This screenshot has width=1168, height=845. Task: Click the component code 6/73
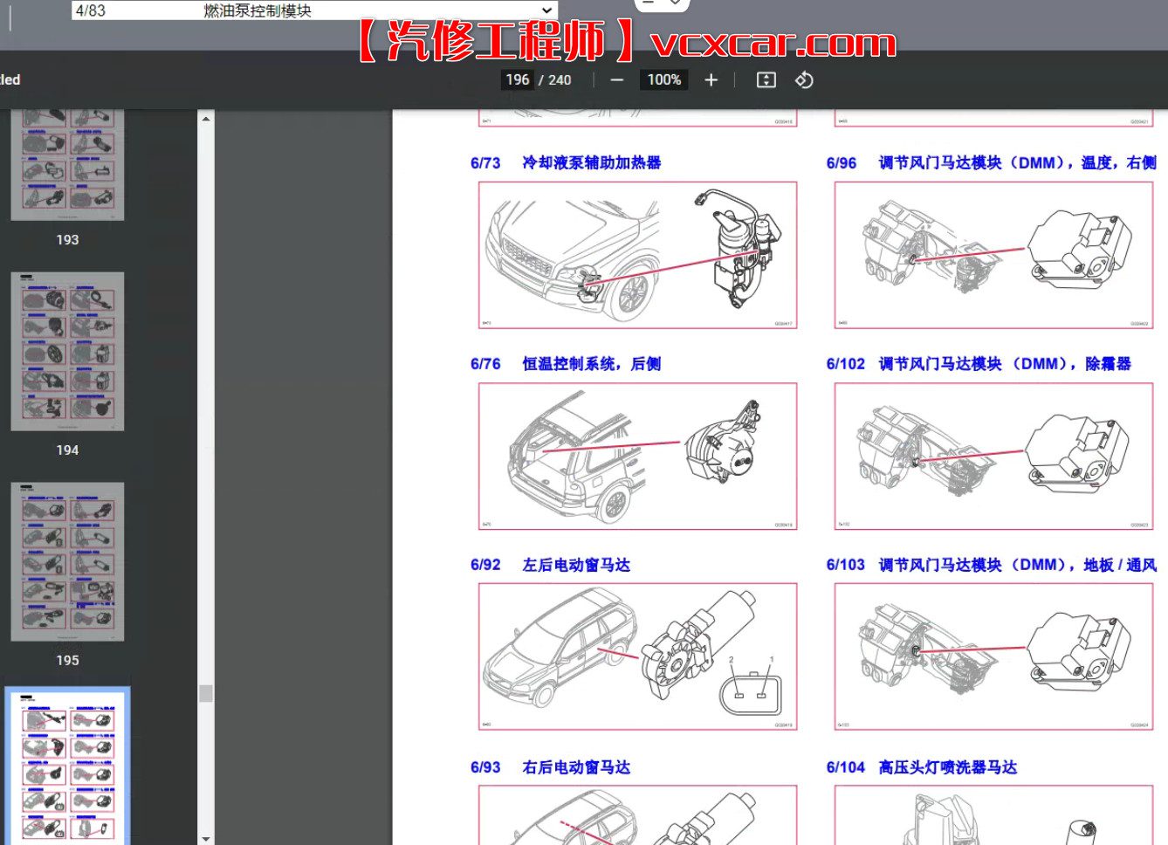coord(485,163)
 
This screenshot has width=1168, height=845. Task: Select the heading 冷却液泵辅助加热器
coord(591,163)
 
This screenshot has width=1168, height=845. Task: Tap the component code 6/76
coord(485,364)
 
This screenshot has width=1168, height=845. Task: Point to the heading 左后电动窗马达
coord(576,566)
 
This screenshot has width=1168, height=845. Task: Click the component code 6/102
coord(845,364)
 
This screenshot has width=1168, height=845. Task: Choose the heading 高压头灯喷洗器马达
coord(947,767)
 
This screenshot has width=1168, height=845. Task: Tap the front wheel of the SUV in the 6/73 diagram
coord(629,298)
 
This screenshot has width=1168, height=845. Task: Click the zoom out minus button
coord(617,80)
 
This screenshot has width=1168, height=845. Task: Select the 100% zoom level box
coord(663,80)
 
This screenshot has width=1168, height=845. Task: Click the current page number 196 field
coord(517,80)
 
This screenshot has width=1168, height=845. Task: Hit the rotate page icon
coord(804,80)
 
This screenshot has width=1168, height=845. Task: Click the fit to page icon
coord(766,80)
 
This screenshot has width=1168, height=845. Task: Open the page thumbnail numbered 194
coord(67,352)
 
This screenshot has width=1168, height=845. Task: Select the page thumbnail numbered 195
coord(67,561)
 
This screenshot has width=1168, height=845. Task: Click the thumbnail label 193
coord(67,240)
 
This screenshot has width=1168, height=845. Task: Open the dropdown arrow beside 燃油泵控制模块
coord(546,10)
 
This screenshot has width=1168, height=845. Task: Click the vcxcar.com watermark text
coord(773,42)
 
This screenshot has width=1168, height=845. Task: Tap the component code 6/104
coord(845,767)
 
